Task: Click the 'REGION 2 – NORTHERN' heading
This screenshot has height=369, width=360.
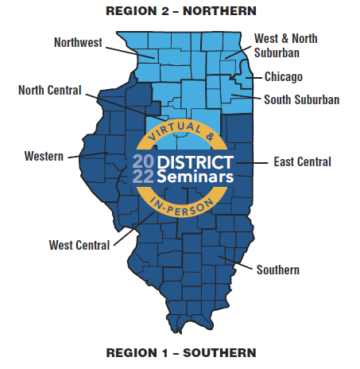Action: click(x=180, y=10)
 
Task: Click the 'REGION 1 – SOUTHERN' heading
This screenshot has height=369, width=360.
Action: click(x=180, y=352)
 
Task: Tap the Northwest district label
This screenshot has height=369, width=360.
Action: click(x=78, y=42)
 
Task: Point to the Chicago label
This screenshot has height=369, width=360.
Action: click(x=284, y=77)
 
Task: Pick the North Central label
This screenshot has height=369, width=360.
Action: click(x=49, y=90)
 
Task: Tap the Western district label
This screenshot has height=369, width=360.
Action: click(x=43, y=156)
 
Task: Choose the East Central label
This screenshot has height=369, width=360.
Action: click(x=302, y=161)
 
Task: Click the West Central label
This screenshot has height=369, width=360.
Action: click(x=79, y=245)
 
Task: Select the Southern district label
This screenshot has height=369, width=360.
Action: click(x=277, y=270)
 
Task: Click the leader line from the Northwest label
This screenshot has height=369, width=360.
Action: click(x=130, y=50)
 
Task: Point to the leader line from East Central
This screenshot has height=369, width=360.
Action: click(x=254, y=161)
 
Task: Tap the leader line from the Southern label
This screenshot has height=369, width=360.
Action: click(x=238, y=262)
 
